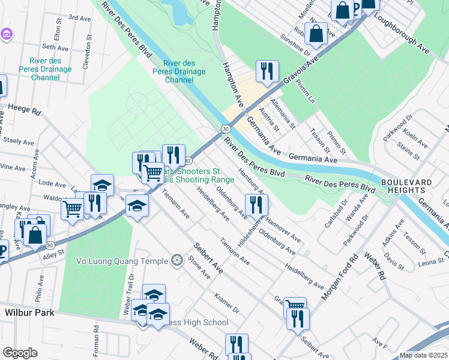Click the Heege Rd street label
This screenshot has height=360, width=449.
point(24,109)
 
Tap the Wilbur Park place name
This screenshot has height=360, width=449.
point(29,313)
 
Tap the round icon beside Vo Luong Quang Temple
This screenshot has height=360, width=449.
point(176,260)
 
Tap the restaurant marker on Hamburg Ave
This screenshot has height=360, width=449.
point(256,205)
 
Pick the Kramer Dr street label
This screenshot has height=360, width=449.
point(226,304)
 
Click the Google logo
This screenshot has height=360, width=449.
point(20,352)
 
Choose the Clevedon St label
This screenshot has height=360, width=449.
point(87,43)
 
